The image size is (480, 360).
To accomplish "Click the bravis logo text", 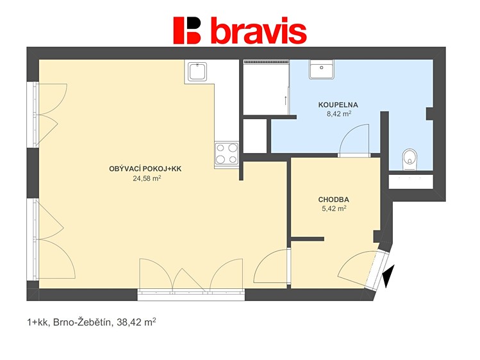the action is [x=259, y=30].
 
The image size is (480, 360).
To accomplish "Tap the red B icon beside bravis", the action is [x=187, y=30].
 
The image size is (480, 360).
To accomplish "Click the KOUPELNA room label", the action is [x=338, y=105].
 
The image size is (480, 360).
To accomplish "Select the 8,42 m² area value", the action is [x=338, y=114].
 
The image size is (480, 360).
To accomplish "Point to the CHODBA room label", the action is [x=334, y=200].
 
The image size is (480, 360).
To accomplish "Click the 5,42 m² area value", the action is [x=334, y=209].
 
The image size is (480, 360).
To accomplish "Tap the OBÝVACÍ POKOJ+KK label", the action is [x=145, y=169].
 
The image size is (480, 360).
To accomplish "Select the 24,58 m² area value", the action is [x=147, y=178].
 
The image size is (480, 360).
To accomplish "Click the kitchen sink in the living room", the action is [x=197, y=72].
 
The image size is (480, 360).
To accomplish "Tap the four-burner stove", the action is [x=226, y=154].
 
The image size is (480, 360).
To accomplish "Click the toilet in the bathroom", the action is [x=410, y=160].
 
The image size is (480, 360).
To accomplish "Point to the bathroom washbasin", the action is [x=322, y=69].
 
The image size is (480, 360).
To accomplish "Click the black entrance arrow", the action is [x=388, y=276].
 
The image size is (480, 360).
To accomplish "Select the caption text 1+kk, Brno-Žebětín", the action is [x=69, y=322].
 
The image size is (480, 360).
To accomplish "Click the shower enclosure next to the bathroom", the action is [x=266, y=87].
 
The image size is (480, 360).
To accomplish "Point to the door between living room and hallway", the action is [x=272, y=266].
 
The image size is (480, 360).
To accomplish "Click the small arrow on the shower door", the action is [x=285, y=101].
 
